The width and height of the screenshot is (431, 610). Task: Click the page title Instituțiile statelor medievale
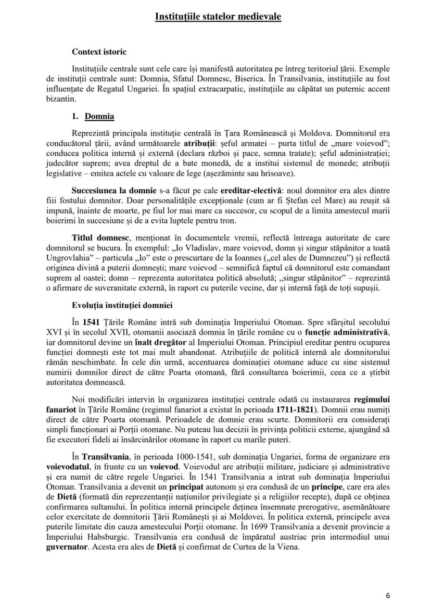coord(218,17)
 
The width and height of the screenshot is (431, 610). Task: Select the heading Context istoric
coord(99,52)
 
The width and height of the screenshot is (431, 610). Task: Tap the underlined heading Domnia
coord(99,116)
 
